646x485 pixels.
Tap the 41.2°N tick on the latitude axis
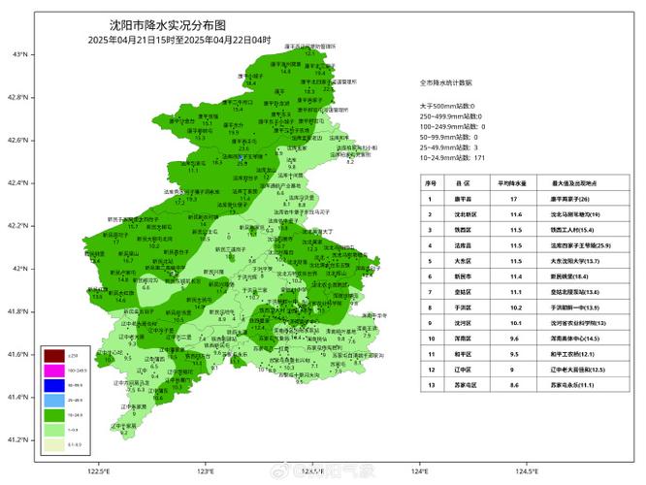click(x=16, y=439)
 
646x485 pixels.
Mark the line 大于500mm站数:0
click(x=447, y=105)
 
